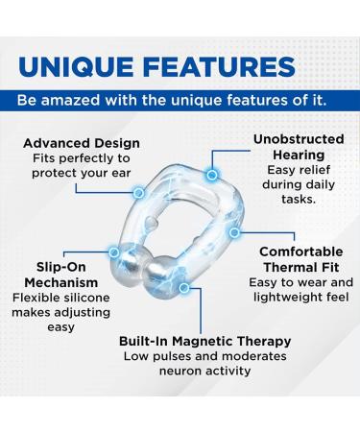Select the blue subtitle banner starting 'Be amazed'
point(180,101)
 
